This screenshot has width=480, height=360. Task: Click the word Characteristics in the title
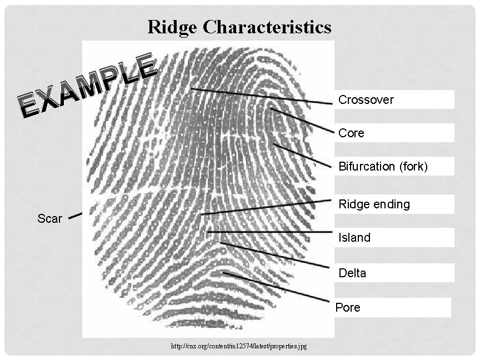266,27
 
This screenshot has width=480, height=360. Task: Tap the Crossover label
366,100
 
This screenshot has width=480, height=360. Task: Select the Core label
352,133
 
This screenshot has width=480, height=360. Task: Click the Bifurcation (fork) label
383,167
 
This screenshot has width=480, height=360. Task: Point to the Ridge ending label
374,204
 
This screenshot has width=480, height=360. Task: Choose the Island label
354,238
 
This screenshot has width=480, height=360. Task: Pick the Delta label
352,273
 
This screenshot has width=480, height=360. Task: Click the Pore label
348,308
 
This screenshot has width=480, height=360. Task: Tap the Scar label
49,219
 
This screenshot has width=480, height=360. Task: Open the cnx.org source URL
239,346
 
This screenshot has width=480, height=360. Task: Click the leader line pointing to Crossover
261,96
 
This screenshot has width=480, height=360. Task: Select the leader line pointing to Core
302,120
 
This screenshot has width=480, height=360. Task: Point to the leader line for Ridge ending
267,207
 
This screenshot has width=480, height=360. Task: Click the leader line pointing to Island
269,232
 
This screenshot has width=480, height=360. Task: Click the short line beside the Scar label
75,216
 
